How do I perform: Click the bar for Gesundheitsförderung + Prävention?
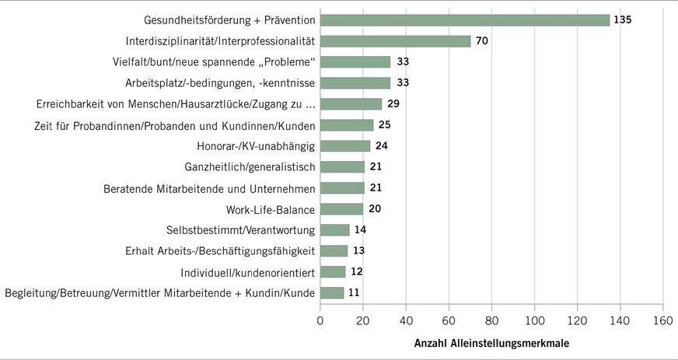464,20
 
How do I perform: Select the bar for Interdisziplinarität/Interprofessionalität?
395,41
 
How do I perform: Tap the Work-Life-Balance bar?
341,208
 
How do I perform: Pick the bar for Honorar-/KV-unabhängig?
345,145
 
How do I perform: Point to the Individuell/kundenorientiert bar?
333,271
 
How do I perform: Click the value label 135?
622,20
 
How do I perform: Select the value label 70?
481,41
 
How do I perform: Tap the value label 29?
393,104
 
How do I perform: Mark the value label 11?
354,292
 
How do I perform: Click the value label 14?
360,229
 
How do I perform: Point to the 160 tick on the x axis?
662,320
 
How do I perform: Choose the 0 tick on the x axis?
320,320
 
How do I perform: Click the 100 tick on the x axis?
534,320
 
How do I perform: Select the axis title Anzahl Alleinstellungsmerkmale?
491,342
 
